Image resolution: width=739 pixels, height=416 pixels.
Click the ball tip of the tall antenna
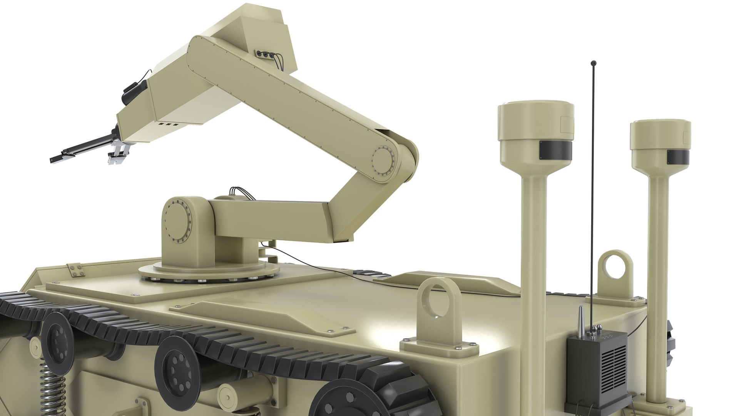tap(594, 62)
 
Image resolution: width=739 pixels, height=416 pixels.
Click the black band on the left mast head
tap(555, 150)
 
